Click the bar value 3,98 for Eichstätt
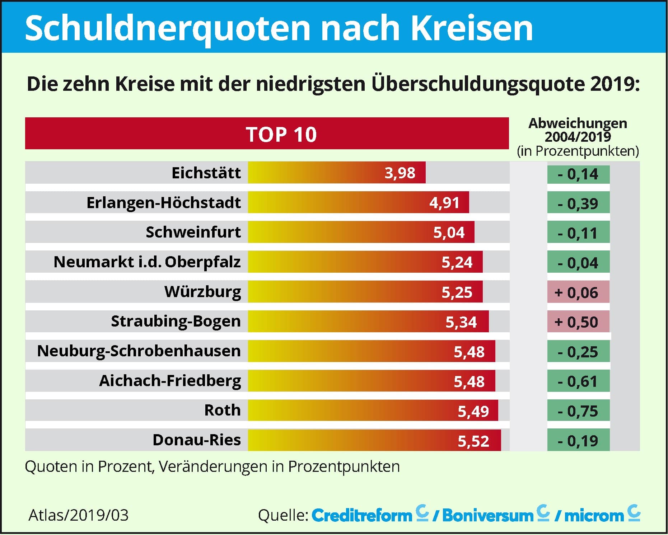(400, 173)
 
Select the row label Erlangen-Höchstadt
(163, 203)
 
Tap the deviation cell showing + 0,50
(578, 322)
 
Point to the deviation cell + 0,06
(578, 292)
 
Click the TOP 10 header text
(281, 135)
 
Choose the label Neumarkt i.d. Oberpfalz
(147, 262)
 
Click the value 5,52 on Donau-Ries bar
(473, 441)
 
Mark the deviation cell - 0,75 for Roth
(578, 411)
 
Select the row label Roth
(222, 410)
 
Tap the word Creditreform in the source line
(362, 516)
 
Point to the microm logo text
(594, 516)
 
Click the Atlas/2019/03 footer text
(78, 515)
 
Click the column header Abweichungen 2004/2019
(578, 130)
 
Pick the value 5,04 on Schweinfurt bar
(449, 233)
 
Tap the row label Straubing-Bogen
(176, 321)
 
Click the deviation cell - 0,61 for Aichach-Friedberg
(578, 381)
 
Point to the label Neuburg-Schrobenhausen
(139, 351)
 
